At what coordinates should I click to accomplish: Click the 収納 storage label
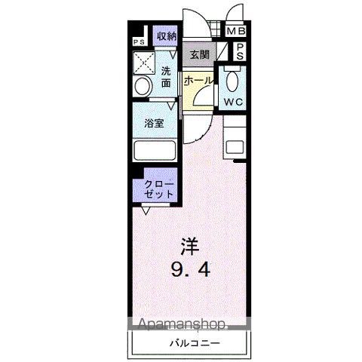(x=166, y=35)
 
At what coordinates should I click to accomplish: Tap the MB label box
(x=236, y=31)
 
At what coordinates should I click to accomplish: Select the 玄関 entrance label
(x=199, y=54)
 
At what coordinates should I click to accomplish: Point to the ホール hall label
(x=198, y=79)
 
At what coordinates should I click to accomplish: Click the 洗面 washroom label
(x=167, y=77)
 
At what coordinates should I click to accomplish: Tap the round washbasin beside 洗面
(x=141, y=87)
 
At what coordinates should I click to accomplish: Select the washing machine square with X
(x=143, y=62)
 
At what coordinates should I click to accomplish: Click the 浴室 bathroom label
(x=155, y=123)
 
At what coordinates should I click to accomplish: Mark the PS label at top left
(x=139, y=42)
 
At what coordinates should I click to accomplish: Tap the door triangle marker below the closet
(x=143, y=210)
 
